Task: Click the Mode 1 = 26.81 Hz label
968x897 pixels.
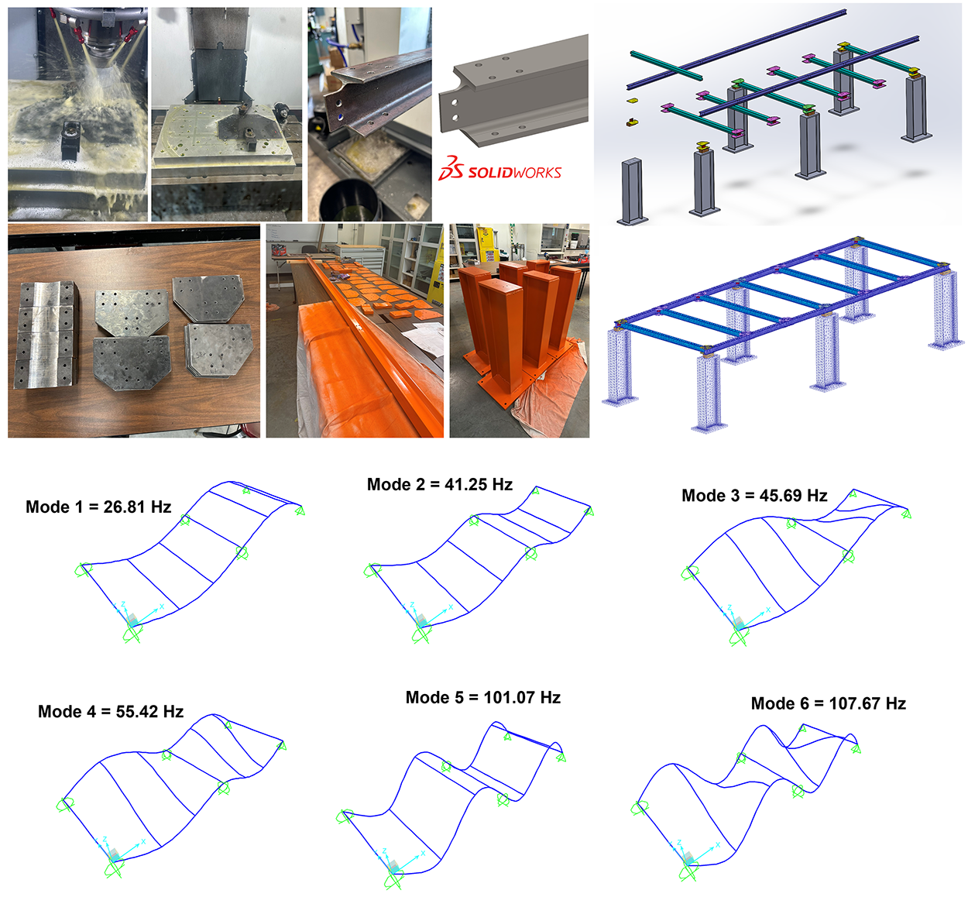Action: pyautogui.click(x=98, y=507)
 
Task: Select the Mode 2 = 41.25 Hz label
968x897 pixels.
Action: pyautogui.click(x=439, y=485)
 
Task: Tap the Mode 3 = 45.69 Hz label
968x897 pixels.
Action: pyautogui.click(x=754, y=496)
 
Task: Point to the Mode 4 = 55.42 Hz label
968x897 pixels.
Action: pyautogui.click(x=111, y=712)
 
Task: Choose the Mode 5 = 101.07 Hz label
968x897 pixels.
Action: pyautogui.click(x=482, y=698)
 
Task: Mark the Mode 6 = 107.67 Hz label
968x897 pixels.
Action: pyautogui.click(x=828, y=704)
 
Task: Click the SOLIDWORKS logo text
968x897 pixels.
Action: pyautogui.click(x=514, y=172)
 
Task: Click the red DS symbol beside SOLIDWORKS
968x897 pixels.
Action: pyautogui.click(x=451, y=168)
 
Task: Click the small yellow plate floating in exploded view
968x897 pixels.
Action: pyautogui.click(x=632, y=101)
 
